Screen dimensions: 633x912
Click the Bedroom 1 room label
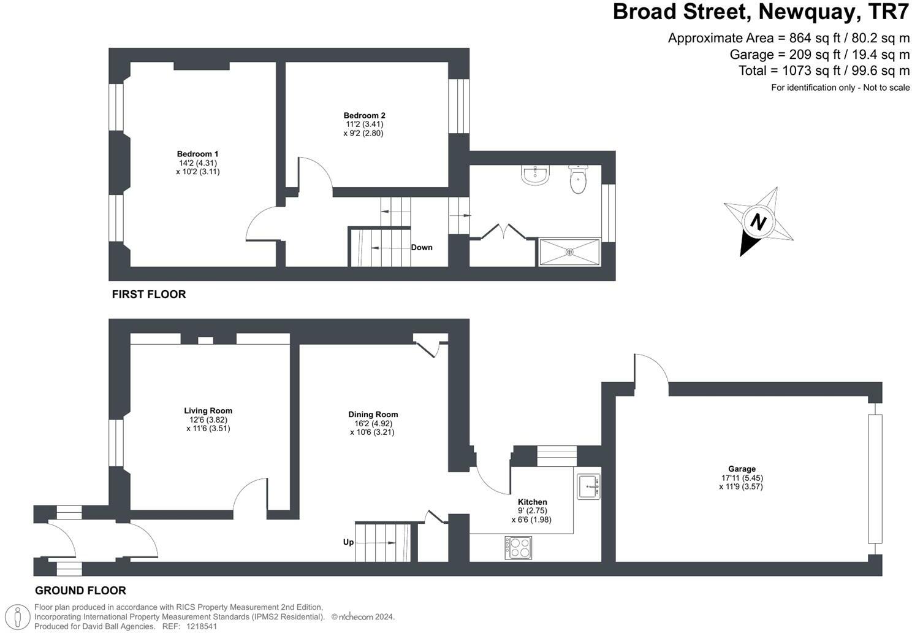coord(197,154)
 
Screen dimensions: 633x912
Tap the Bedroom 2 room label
coord(364,115)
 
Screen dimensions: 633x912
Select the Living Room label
coord(208,411)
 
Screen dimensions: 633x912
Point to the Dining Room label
coord(373,415)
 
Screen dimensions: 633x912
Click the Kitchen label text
coord(532,502)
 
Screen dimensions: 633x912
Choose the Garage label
coord(742,469)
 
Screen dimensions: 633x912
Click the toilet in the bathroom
coord(578,179)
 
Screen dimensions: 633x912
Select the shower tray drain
coord(569,251)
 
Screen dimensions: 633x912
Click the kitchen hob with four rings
coord(519,547)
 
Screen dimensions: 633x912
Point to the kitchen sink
coord(588,486)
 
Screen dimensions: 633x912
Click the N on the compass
coord(759,221)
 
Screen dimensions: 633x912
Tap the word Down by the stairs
coord(422,248)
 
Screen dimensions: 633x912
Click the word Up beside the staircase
coord(348,542)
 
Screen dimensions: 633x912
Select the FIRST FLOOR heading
coord(148,294)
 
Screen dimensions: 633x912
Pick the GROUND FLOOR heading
coord(80,591)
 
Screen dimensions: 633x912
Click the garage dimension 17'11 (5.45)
coord(742,478)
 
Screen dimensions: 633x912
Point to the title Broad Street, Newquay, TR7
coord(761,12)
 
